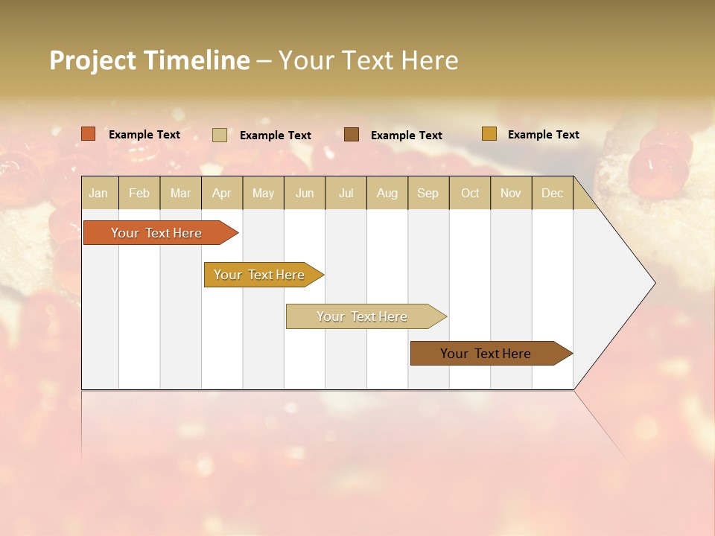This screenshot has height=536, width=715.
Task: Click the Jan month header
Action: pos(98,193)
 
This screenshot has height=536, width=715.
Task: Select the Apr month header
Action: pos(222,193)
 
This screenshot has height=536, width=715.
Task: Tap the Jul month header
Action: pos(346,193)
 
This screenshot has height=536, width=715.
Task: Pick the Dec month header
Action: pos(552,193)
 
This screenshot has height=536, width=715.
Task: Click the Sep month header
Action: pos(428,193)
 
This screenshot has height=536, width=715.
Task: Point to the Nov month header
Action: pos(510,193)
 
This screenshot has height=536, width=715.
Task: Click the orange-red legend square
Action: pos(89,134)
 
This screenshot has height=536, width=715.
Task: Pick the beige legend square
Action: pos(220,135)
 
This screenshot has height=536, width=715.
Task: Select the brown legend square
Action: pos(352,134)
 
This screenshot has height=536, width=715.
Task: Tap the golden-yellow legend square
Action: pos(489,134)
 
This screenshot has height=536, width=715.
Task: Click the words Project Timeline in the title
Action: pos(149,60)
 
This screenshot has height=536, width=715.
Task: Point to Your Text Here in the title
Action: pos(368,60)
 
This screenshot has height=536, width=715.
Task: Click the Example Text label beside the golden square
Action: pos(543,135)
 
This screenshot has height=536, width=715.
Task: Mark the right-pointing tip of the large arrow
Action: pos(653,283)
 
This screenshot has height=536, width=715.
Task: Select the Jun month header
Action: pos(305,193)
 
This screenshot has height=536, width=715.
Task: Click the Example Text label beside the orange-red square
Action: pos(144,135)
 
